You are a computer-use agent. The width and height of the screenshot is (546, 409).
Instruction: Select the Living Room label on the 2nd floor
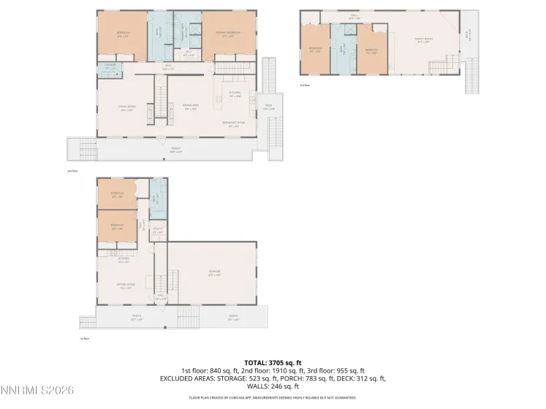click(128, 108)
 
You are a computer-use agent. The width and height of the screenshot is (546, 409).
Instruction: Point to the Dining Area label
click(192, 107)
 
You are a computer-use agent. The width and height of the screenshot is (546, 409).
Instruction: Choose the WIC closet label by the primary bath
click(188, 53)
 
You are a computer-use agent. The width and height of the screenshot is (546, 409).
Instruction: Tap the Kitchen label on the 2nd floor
click(235, 93)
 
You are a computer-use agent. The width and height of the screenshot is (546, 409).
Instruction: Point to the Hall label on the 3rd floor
click(354, 16)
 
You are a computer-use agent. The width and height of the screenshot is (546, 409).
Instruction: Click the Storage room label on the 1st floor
click(214, 273)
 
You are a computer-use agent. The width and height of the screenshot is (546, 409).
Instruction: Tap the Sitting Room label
click(126, 286)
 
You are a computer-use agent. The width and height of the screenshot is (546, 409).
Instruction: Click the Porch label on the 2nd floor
click(175, 150)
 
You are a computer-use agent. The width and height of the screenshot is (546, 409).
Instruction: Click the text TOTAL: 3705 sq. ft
click(273, 362)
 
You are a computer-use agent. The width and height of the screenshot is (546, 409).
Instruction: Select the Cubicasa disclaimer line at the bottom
click(273, 398)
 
